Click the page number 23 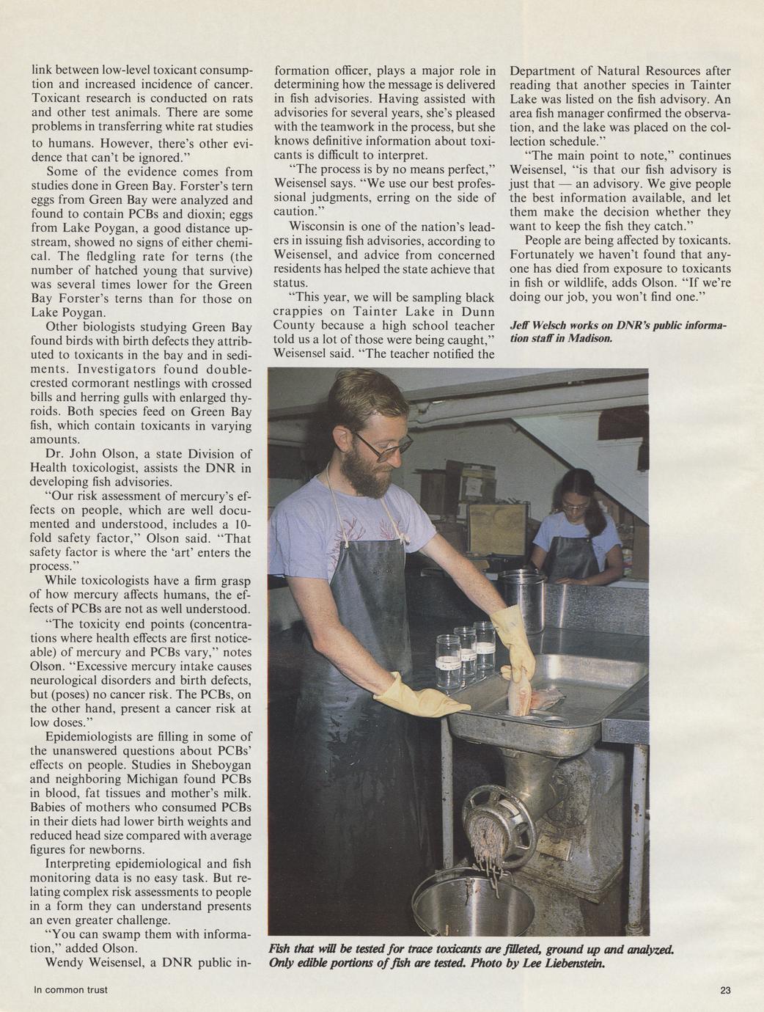725,990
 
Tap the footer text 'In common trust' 70,990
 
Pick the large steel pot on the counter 524,602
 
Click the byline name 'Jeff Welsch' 541,325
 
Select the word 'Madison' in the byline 588,338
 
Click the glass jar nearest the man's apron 447,661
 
